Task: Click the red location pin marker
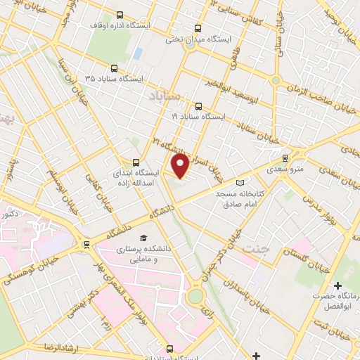pos(181,166)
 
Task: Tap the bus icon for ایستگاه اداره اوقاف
pos(120,15)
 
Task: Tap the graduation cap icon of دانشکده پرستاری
pos(143,238)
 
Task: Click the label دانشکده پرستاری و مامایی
pos(143,253)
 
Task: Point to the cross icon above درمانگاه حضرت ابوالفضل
pos(338,286)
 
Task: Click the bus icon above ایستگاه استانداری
pos(168,348)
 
